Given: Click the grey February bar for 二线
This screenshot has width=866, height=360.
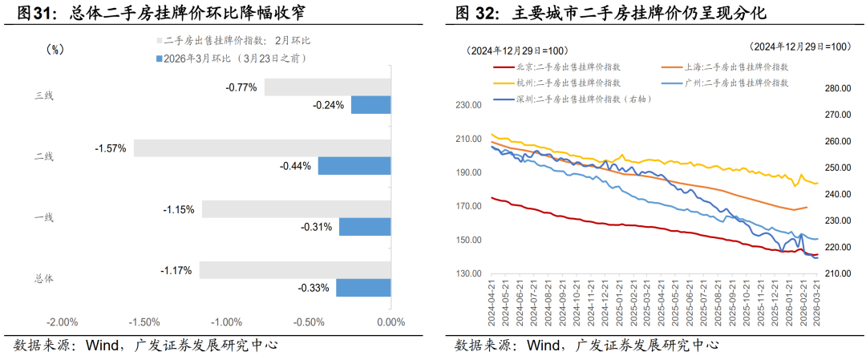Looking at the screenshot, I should point(261,148).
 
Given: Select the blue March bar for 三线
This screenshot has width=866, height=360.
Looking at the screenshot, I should point(370,104).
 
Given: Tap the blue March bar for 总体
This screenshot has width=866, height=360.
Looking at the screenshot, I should point(362,287).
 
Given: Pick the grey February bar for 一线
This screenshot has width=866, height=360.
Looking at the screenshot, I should point(296,209).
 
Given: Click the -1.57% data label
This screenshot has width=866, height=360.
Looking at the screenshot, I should point(110,148).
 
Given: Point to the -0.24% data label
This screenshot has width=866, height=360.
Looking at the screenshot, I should point(329,105).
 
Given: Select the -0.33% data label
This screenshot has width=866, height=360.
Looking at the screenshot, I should point(314,288).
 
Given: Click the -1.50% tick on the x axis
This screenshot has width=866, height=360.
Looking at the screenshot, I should point(144,322).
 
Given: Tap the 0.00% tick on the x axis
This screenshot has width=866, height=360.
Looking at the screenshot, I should point(390,322).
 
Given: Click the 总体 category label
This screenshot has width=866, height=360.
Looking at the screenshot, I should point(44,278).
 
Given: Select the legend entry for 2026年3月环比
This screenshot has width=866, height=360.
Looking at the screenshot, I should point(233,58).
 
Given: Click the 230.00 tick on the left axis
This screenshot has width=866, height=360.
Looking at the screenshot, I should point(468,104).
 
